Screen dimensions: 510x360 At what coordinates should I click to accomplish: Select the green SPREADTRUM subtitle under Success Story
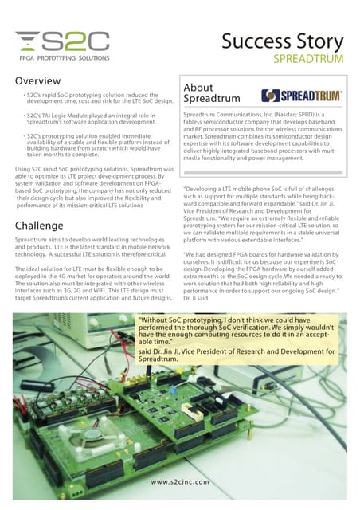[x=308, y=59]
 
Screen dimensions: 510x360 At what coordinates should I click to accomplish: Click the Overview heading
[x=39, y=81]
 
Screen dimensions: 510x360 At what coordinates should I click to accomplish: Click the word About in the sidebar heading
[x=198, y=88]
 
